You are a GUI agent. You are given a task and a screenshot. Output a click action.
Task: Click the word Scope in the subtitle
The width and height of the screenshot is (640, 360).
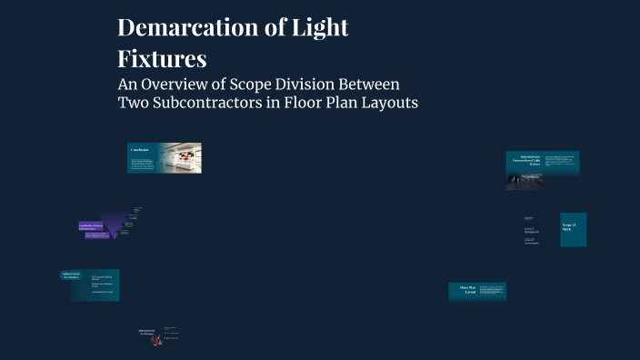tap(259, 84)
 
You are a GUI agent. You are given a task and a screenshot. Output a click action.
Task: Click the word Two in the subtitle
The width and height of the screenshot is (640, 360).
tap(133, 103)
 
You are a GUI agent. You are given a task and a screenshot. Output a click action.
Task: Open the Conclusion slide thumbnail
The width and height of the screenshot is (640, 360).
tap(145, 157)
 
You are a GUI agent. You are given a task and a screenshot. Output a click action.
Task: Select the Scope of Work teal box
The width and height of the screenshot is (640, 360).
tap(573, 229)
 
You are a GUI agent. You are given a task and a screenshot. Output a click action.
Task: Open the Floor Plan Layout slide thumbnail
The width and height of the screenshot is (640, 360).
tap(476, 291)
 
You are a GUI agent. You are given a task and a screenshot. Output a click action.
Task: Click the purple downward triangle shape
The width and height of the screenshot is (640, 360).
tap(115, 224)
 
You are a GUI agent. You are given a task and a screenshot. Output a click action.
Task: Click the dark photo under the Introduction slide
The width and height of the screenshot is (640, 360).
tap(524, 181)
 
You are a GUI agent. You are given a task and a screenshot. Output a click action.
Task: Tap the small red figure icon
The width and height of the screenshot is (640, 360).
tap(155, 340)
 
